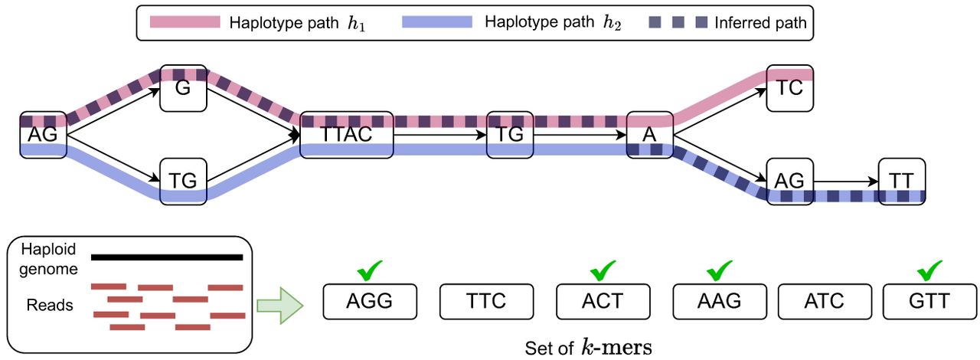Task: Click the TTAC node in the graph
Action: pyautogui.click(x=347, y=135)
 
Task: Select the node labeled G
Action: pyautogui.click(x=182, y=87)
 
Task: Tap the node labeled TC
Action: pyautogui.click(x=789, y=87)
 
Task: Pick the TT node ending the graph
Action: pyautogui.click(x=902, y=181)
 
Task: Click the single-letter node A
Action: pyautogui.click(x=649, y=135)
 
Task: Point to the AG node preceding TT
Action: pyautogui.click(x=789, y=181)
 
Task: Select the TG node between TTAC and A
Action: pyautogui.click(x=510, y=135)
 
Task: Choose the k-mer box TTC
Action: pyautogui.click(x=485, y=301)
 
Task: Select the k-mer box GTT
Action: pyautogui.click(x=928, y=301)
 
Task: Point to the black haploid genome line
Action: pyautogui.click(x=167, y=257)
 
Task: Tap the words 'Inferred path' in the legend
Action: pyautogui.click(x=760, y=23)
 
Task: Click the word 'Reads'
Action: pyautogui.click(x=49, y=305)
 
